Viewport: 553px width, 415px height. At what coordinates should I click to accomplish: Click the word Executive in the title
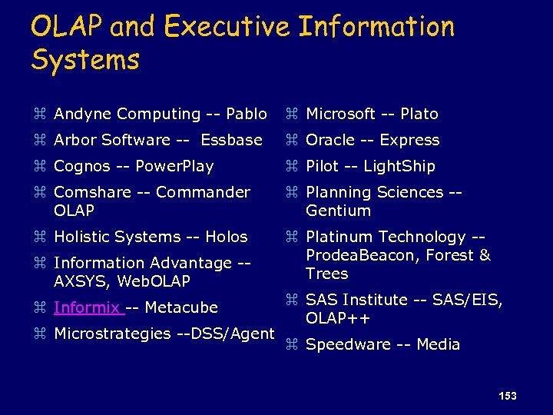pos(227,27)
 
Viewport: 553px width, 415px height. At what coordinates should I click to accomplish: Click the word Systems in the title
pos(85,59)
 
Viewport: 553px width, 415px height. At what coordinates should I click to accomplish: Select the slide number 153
pos(507,396)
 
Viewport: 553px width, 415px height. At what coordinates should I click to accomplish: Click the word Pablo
pos(247,114)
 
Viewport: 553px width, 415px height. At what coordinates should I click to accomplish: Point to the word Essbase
pos(232,140)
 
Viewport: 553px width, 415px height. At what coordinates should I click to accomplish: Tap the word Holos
pos(227,237)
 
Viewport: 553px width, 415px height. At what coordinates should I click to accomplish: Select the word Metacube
pos(181,307)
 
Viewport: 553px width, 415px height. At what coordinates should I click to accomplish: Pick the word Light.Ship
pos(399,166)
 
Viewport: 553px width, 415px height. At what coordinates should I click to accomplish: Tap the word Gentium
pos(338,211)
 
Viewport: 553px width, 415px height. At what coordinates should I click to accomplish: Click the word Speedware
pos(349,344)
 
